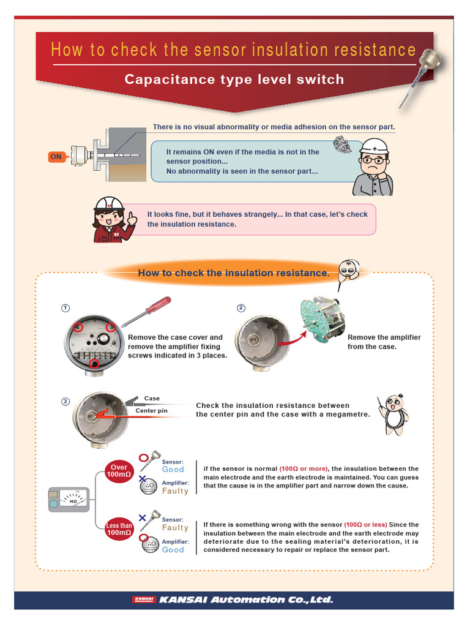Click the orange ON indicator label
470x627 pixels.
pos(56,157)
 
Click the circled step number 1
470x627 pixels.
pos(65,308)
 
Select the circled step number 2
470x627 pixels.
pos(241,308)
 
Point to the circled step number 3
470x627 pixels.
pos(65,402)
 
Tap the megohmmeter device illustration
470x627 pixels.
pos(69,500)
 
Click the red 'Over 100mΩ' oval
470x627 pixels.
pos(119,471)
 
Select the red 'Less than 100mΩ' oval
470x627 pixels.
pos(119,529)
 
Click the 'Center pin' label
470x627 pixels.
pos(151,411)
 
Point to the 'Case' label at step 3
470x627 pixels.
pos(152,399)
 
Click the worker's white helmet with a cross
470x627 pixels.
pos(374,147)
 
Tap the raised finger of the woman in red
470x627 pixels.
pos(130,216)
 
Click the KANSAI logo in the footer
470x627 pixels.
pos(144,599)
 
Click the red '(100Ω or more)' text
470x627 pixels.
pos(304,469)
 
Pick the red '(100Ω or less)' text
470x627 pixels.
pos(365,525)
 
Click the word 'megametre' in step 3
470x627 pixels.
pos(349,415)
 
